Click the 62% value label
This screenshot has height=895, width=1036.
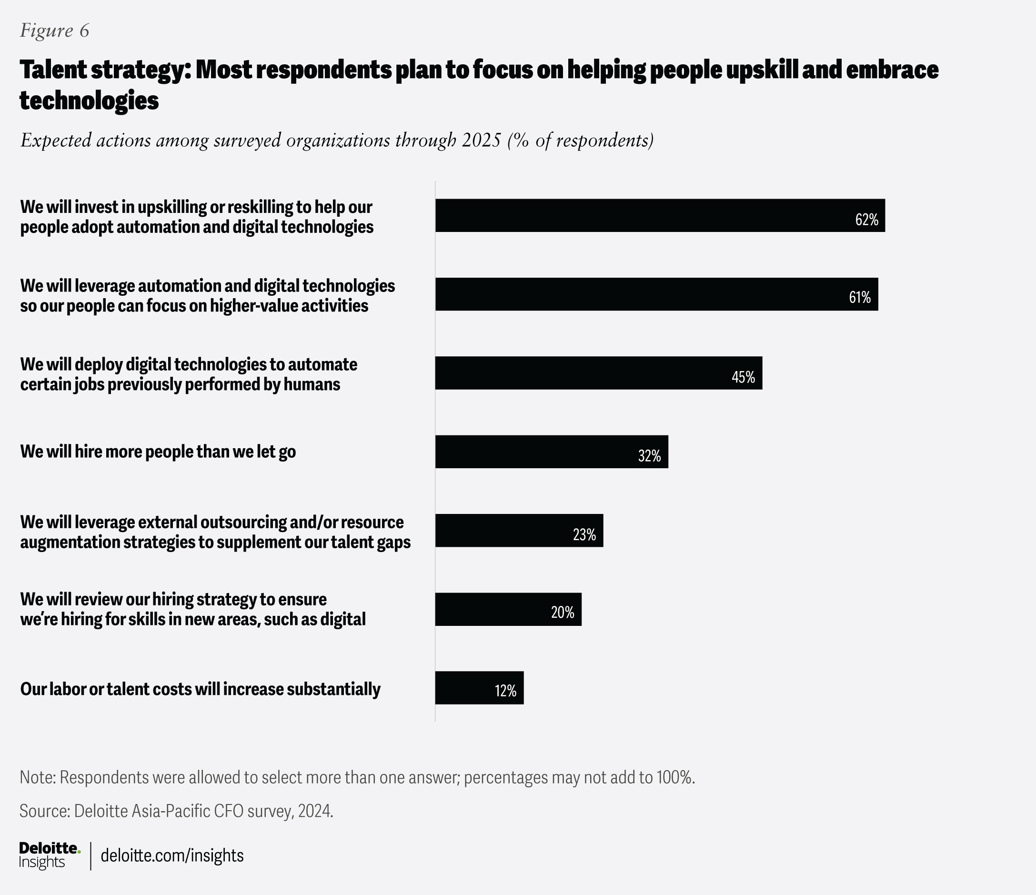pyautogui.click(x=866, y=220)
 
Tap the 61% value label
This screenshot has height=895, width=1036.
pyautogui.click(x=859, y=298)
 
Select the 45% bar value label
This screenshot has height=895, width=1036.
pyautogui.click(x=743, y=377)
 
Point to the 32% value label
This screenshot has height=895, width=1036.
pyautogui.click(x=649, y=455)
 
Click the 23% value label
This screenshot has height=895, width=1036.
pyautogui.click(x=584, y=534)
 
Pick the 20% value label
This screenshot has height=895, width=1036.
pyautogui.click(x=563, y=612)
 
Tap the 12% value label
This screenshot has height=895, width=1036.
pyautogui.click(x=505, y=691)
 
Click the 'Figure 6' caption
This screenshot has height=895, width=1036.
pyautogui.click(x=54, y=30)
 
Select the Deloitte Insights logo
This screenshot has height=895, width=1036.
pyautogui.click(x=49, y=855)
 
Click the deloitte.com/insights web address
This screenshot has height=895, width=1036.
pyautogui.click(x=172, y=855)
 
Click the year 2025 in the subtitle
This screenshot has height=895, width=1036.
pyautogui.click(x=481, y=140)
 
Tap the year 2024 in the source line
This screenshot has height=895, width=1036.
pyautogui.click(x=315, y=811)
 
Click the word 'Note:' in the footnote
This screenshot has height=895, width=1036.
pyautogui.click(x=38, y=777)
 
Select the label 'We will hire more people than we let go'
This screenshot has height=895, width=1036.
pyautogui.click(x=158, y=452)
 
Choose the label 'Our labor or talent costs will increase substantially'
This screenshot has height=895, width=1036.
pyautogui.click(x=200, y=689)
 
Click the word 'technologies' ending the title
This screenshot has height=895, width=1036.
pyautogui.click(x=89, y=101)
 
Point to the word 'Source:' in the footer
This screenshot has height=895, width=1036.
pyautogui.click(x=44, y=811)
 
